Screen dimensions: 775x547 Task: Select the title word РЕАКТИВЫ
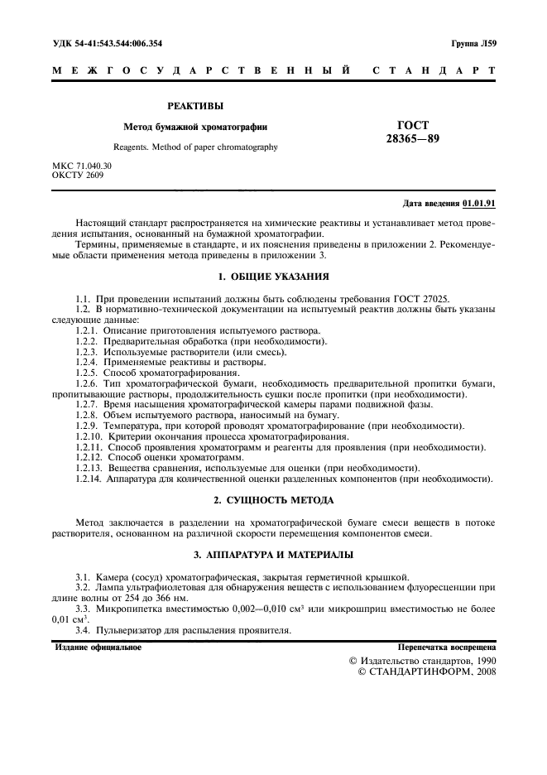coord(195,106)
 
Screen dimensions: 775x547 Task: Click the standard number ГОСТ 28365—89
coord(412,132)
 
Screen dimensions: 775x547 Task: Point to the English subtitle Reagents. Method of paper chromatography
coord(195,147)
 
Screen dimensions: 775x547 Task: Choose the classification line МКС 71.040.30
coord(82,166)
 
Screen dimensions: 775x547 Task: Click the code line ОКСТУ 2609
coord(78,175)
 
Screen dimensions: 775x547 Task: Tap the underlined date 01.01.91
coord(479,204)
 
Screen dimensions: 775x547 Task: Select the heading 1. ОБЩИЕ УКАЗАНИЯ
coord(273,275)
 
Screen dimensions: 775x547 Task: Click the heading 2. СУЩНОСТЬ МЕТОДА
coord(273,500)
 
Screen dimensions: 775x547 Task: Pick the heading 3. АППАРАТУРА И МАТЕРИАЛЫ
coord(273,554)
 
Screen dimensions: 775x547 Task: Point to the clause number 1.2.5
coord(87,372)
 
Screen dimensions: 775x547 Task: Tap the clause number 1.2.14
coord(89,479)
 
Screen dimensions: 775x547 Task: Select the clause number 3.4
coord(82,630)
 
